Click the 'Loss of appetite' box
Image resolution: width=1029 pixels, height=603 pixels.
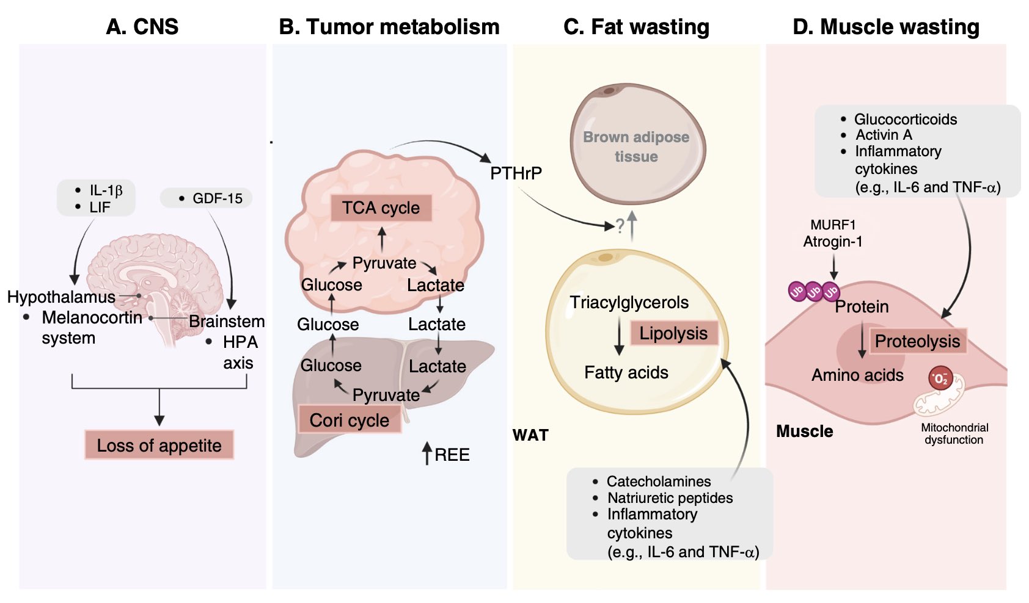[x=159, y=445]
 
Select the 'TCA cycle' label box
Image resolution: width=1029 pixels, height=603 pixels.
[x=381, y=208]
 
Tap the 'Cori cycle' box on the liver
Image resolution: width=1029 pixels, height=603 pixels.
[x=349, y=419]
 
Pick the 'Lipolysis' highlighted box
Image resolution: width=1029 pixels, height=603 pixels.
[x=673, y=333]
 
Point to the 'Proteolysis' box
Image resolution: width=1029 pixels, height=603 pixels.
[x=917, y=341]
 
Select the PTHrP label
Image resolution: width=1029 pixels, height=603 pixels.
[x=516, y=173]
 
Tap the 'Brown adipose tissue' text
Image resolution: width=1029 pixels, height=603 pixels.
[x=636, y=146]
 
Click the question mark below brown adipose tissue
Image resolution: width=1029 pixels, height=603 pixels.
[x=620, y=226]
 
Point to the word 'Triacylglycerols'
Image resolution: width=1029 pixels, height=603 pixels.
[x=629, y=303]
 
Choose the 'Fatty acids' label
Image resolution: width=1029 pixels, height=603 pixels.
[x=626, y=372]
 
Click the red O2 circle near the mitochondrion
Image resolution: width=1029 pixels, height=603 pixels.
[x=940, y=378]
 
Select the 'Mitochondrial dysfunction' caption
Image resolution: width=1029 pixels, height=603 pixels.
[x=954, y=434]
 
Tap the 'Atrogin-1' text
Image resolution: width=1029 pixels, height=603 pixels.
[x=832, y=242]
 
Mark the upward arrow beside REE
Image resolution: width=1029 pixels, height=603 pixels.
[x=427, y=453]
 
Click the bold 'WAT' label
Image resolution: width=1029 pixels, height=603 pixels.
[x=530, y=435]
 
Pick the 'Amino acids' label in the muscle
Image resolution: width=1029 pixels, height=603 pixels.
[x=857, y=375]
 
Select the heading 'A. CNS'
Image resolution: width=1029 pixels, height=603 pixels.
[x=142, y=27]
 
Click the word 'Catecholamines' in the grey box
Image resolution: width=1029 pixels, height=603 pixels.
[x=659, y=481]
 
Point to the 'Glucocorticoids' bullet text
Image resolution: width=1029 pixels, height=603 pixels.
[x=906, y=119]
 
